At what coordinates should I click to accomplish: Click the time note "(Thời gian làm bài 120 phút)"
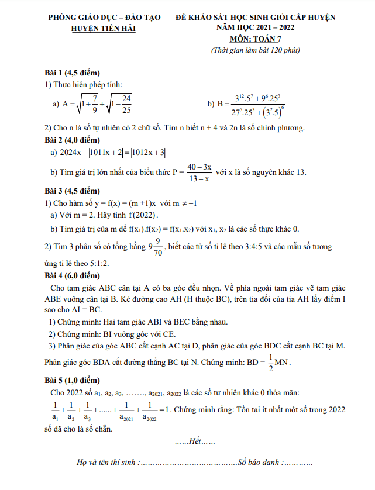tap(256, 51)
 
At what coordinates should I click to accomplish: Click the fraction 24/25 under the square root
tap(126, 103)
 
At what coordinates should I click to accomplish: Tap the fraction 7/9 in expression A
tap(94, 103)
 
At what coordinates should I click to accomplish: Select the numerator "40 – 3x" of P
tap(200, 167)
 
